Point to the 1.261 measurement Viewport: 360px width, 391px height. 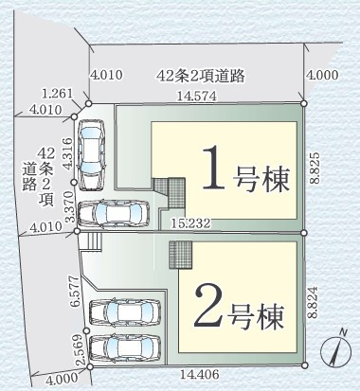pos(57,93)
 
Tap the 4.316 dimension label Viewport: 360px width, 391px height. pos(67,154)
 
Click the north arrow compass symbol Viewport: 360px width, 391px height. pos(333,349)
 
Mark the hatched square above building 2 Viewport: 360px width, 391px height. pos(181,254)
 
